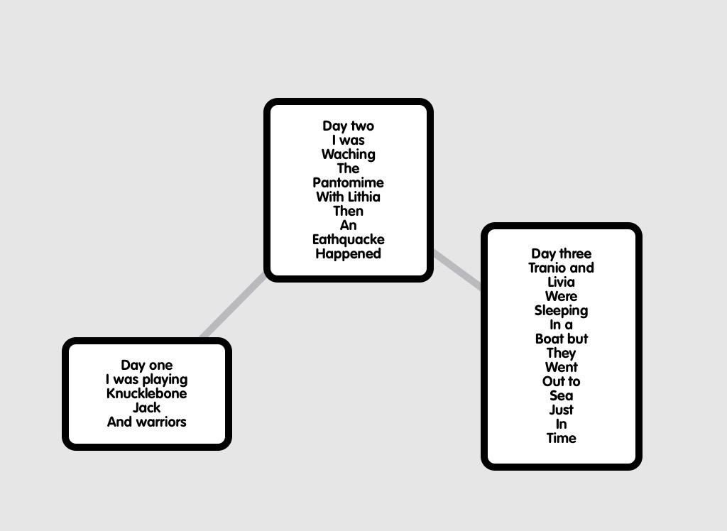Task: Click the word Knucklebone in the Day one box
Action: point(147,394)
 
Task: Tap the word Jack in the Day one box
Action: point(147,408)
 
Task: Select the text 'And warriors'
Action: point(147,422)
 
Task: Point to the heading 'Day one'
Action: point(147,366)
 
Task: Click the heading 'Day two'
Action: point(348,126)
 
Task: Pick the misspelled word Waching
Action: point(348,155)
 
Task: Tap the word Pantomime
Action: point(348,183)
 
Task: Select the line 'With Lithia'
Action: point(348,197)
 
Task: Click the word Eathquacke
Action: point(348,240)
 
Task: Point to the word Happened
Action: point(348,254)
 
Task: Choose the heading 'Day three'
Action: point(561,254)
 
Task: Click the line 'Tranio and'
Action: point(561,268)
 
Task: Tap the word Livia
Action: point(561,283)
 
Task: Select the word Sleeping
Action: point(561,311)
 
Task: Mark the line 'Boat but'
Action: point(561,339)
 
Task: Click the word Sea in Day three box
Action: point(561,396)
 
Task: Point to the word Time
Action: point(561,439)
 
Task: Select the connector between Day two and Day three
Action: point(457,270)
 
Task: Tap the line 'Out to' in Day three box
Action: point(561,382)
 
